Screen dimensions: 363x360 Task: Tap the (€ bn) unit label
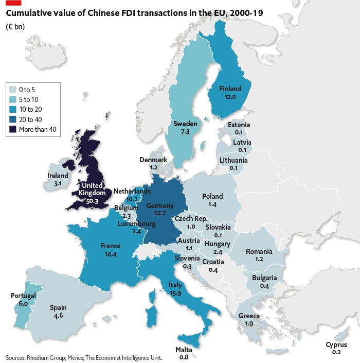15,26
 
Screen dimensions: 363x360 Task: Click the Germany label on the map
160,206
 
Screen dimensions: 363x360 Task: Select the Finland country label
230,89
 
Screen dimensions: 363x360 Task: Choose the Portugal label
23,296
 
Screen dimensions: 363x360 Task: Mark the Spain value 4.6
58,316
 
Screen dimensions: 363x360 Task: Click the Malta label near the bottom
184,349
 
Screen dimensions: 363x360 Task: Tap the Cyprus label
336,345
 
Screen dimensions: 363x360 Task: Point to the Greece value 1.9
249,323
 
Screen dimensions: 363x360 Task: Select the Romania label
259,251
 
